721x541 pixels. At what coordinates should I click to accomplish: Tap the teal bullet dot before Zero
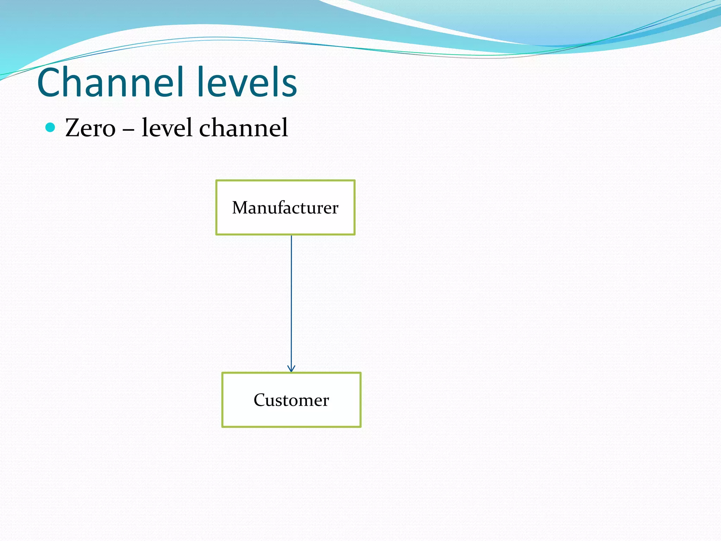tap(50, 127)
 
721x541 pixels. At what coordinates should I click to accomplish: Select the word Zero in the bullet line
tap(90, 128)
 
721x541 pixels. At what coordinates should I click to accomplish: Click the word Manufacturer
tap(285, 207)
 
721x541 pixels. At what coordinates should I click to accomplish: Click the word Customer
tap(291, 400)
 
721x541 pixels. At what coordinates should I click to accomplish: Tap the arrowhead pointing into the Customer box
tap(291, 369)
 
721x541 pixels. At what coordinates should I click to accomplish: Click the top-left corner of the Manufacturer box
tap(217, 181)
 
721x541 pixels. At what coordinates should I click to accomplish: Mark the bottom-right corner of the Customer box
tap(360, 427)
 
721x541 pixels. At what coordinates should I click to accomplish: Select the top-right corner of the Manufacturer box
tap(355, 181)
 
